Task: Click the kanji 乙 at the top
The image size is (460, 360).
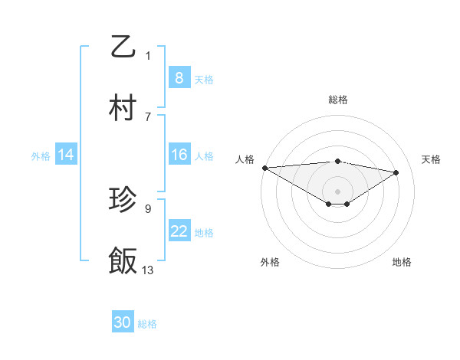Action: pos(123,47)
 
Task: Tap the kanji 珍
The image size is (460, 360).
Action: pos(123,201)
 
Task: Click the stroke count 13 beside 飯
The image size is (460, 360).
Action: pos(148,270)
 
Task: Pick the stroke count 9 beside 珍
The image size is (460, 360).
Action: pos(148,208)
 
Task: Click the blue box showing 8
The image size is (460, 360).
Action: pos(179,78)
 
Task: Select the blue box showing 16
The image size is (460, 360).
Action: pos(179,155)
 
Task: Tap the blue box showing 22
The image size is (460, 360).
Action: pos(179,232)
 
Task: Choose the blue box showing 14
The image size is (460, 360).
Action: pos(66,155)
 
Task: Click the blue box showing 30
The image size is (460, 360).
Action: pos(123,323)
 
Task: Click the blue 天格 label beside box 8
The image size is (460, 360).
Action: pos(204,79)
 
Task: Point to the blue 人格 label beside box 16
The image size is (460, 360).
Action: pos(204,156)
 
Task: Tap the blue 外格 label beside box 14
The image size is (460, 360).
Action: pos(41,156)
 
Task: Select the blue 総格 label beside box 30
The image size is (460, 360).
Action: pos(147,324)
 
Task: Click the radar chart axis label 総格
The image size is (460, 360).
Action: pos(338,100)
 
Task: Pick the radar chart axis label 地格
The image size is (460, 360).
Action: pos(402,262)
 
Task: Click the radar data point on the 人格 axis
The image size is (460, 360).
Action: pos(264,168)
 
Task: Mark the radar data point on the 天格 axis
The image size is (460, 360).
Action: pos(396,172)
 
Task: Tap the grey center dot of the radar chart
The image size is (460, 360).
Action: pos(337,191)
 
